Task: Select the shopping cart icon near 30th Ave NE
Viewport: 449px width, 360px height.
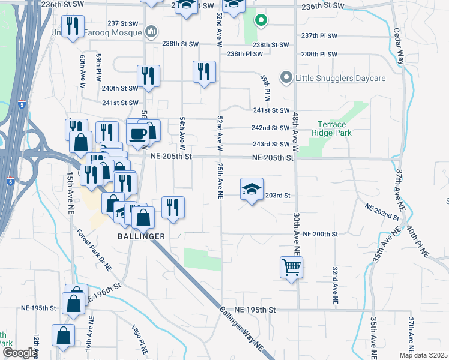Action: click(291, 267)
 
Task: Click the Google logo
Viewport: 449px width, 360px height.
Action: click(19, 353)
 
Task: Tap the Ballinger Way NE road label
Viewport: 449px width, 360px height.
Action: click(242, 329)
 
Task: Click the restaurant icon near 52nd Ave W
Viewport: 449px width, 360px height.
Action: click(204, 72)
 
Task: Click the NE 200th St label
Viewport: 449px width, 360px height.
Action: click(321, 234)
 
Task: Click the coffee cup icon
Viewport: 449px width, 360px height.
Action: click(138, 134)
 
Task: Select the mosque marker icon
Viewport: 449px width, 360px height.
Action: click(152, 31)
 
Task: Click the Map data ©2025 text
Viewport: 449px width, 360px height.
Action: click(423, 355)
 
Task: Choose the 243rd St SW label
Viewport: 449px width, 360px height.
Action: click(271, 144)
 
